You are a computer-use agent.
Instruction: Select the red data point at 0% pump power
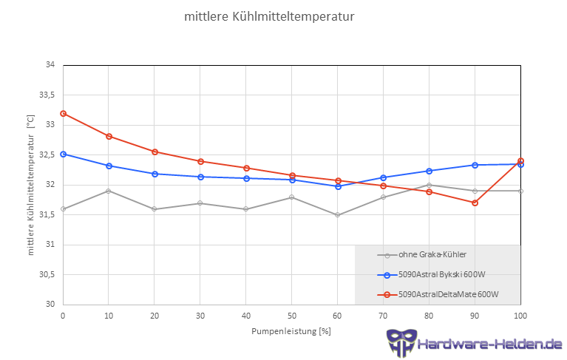[x=63, y=113]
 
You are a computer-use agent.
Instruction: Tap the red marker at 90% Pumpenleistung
[x=475, y=203]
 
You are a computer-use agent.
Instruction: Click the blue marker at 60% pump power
[x=338, y=186]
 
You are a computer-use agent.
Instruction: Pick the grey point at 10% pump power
[x=109, y=191]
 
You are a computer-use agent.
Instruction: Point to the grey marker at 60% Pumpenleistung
[x=338, y=215]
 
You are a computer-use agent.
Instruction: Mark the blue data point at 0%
[x=63, y=154]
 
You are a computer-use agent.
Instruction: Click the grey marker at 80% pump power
[x=430, y=185]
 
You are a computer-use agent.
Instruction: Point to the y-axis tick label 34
[x=50, y=65]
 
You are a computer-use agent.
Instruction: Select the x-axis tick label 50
[x=292, y=315]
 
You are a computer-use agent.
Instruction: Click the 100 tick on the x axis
[x=520, y=315]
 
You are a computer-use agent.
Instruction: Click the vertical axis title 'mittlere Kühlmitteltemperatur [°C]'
[x=30, y=185]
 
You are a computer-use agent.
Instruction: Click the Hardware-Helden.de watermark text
[x=489, y=344]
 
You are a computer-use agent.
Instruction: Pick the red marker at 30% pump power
[x=200, y=161]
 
